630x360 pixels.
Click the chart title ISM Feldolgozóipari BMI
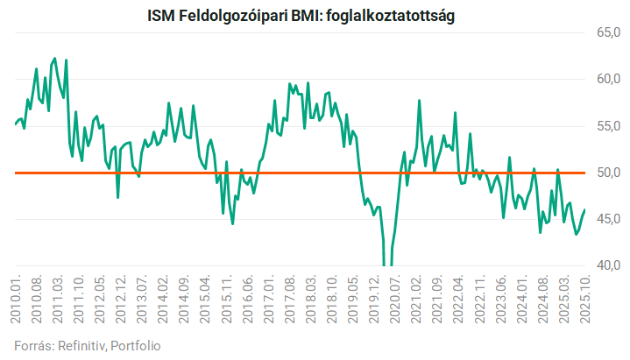(230, 15)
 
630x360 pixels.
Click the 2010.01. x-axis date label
(17, 300)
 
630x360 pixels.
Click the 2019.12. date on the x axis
(373, 300)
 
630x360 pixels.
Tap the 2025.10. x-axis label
(584, 300)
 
